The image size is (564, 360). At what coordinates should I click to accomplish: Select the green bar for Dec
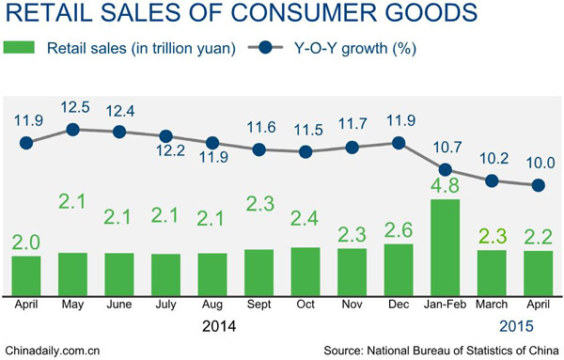[399, 267]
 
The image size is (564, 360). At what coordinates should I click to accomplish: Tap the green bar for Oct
[305, 269]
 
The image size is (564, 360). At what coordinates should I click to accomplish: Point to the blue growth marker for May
[73, 129]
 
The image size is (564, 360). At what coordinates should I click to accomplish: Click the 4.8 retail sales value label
[445, 183]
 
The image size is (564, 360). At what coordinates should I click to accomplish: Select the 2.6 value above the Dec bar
[399, 228]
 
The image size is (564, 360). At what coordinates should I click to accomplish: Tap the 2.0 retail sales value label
[27, 241]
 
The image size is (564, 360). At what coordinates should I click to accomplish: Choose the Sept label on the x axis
[259, 304]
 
